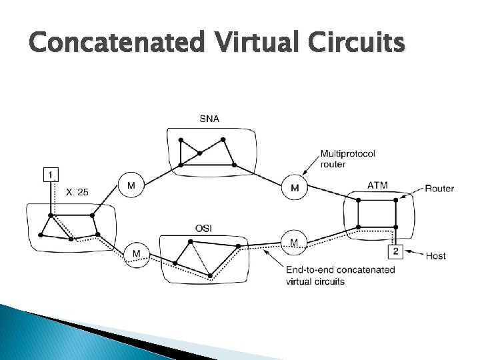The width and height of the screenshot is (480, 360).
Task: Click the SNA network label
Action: coord(209,119)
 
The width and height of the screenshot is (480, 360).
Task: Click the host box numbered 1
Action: coord(50,175)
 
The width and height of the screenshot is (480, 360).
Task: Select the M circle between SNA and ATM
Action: coord(295,187)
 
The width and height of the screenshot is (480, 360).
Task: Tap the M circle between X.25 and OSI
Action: coord(136,254)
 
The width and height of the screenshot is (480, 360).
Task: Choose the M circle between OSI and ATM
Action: coord(294,242)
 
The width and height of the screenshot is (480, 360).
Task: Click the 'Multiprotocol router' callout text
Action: coord(347,159)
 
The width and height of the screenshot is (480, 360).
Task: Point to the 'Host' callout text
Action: coord(435,255)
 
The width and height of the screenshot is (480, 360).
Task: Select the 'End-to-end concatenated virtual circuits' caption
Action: coord(340,275)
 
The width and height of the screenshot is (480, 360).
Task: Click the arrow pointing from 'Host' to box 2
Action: coord(413,253)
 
